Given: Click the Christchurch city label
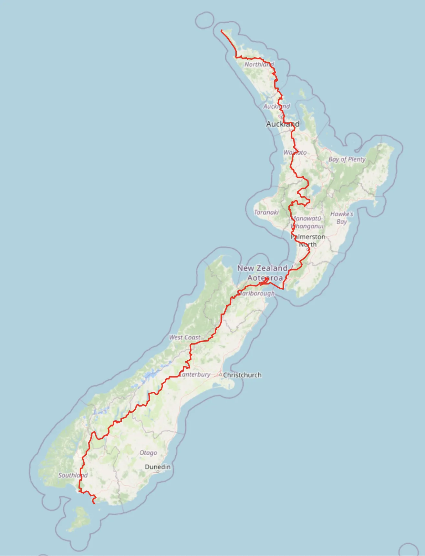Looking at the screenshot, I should point(242,375).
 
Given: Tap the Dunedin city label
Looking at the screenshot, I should point(158,467).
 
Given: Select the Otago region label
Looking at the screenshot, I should point(148,453).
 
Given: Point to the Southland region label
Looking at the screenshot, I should point(73,475).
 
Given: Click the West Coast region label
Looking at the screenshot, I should point(185,337).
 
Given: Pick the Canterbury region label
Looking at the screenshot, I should point(195,375).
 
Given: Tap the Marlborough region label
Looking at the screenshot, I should point(257,293).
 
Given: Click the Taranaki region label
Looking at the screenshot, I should point(266,212).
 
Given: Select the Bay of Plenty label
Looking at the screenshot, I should point(347,159).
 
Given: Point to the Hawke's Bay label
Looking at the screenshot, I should point(342,218).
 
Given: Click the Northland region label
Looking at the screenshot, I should point(259,64).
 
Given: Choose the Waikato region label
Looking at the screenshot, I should point(295,152).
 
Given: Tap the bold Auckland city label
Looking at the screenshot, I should point(283,124).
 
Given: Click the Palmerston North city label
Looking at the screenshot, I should point(308,241).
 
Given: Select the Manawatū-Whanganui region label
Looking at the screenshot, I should point(307,222).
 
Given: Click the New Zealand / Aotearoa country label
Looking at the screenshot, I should point(263,273).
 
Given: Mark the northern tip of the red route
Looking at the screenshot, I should point(222,31).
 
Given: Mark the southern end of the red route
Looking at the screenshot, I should point(94,503).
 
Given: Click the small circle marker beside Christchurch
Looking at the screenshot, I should point(221,375).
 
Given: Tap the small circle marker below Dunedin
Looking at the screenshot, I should point(158,472).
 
